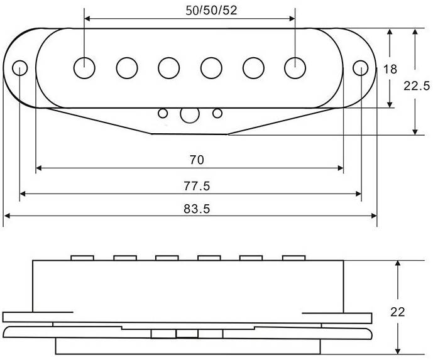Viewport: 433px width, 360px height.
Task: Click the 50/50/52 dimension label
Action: click(211, 11)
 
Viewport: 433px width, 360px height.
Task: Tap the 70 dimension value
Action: click(197, 160)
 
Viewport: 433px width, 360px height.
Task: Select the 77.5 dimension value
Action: click(197, 186)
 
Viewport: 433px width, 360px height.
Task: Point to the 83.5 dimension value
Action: click(197, 209)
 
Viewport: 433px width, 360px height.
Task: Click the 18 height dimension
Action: click(390, 69)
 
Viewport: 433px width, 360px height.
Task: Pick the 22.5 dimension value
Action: click(417, 86)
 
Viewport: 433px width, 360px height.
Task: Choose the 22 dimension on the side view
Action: click(397, 312)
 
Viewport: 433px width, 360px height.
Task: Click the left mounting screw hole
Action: click(20, 68)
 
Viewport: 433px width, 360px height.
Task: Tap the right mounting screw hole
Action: click(361, 68)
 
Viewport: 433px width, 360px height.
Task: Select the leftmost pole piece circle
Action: click(84, 68)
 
